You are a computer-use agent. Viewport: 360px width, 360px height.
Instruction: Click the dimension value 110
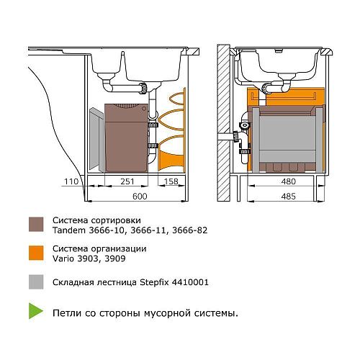(x=71, y=181)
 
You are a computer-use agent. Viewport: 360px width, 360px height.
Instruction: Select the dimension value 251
(x=127, y=181)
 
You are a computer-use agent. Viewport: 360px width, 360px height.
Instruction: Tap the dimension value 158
(x=171, y=181)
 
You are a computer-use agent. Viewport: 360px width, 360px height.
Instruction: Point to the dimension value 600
(x=140, y=197)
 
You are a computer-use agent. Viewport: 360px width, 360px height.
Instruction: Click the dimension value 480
(x=288, y=181)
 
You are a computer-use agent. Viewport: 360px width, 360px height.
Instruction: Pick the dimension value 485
(x=288, y=197)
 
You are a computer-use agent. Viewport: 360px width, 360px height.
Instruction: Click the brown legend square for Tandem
(x=36, y=225)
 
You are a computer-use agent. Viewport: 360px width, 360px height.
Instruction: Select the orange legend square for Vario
(x=36, y=253)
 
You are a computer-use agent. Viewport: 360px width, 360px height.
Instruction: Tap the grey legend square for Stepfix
(x=36, y=282)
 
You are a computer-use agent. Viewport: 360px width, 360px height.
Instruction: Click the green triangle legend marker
(x=35, y=311)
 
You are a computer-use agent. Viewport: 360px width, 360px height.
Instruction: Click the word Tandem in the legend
(x=69, y=230)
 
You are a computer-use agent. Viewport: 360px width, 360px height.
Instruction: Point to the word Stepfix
(x=154, y=282)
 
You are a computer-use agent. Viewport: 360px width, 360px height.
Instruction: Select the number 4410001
(x=190, y=282)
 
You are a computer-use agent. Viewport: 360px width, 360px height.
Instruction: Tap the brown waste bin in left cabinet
(x=126, y=138)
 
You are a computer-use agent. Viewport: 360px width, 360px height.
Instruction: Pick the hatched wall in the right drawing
(x=223, y=122)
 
